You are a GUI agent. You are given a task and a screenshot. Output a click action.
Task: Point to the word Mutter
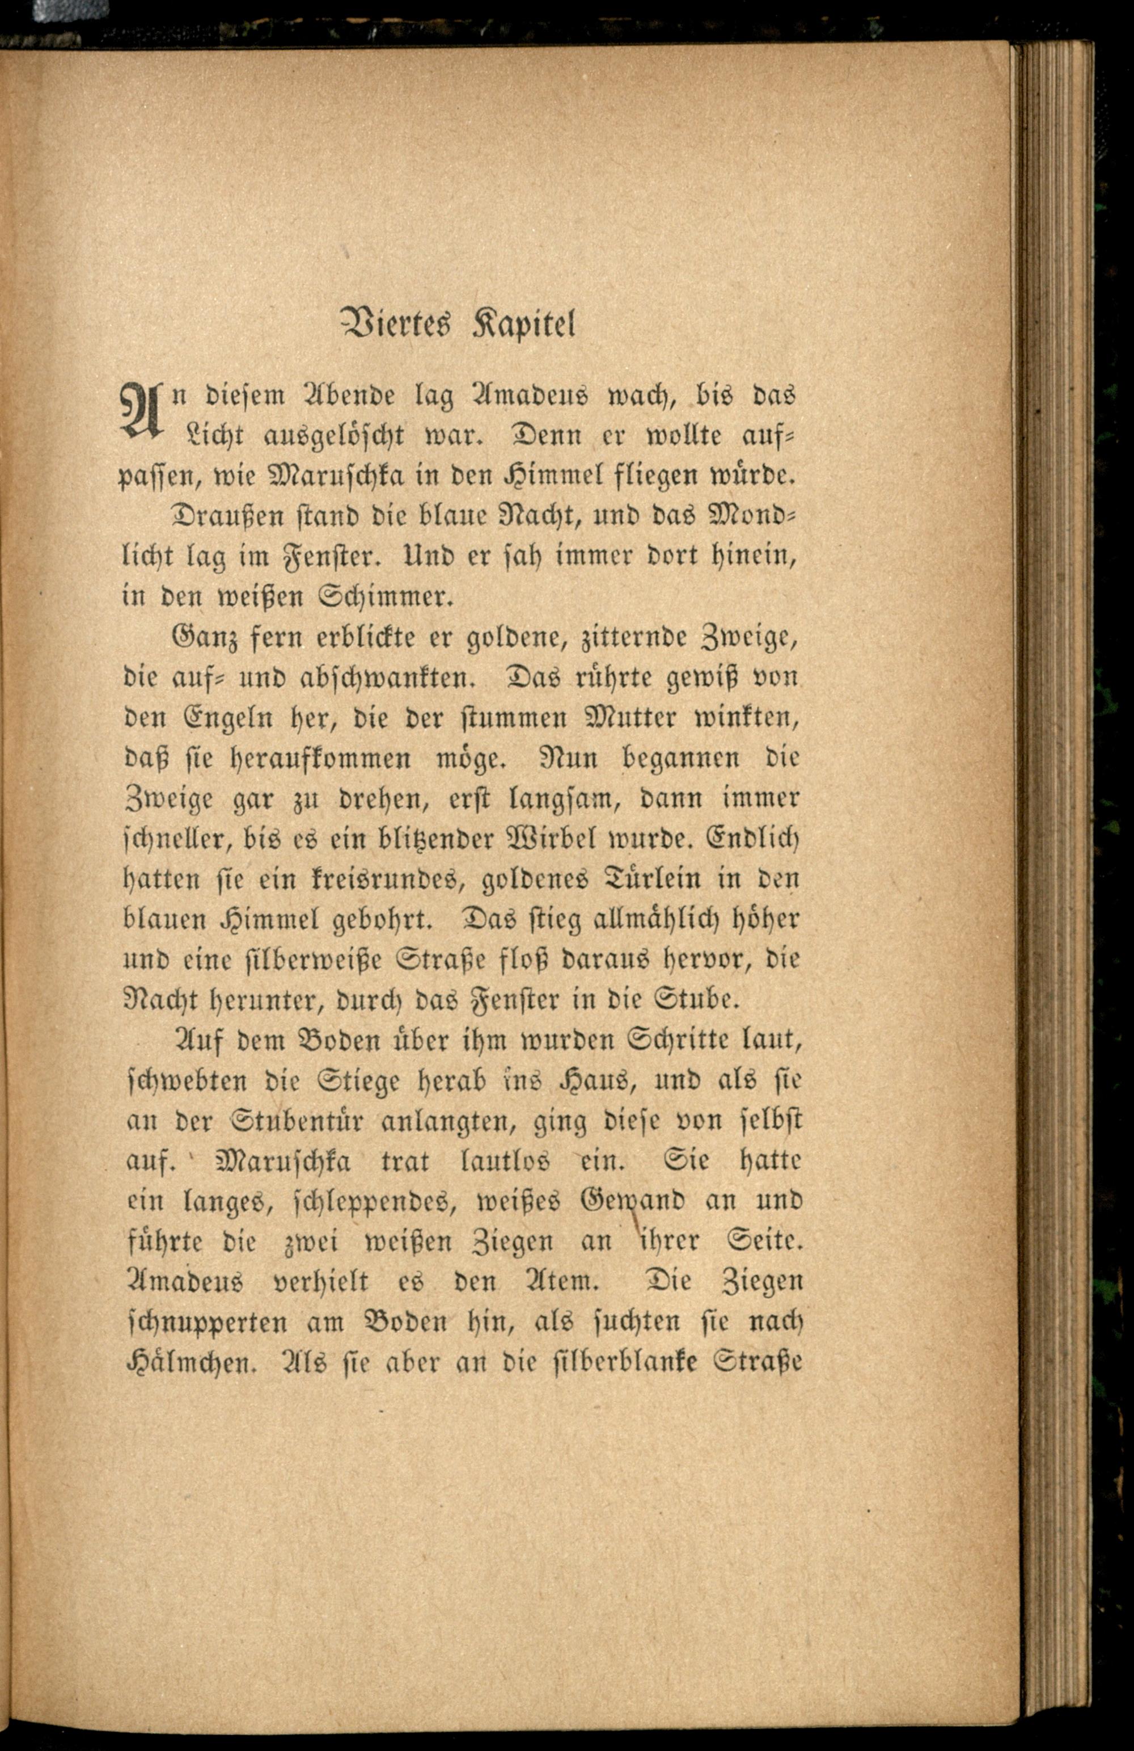pyautogui.click(x=632, y=717)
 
